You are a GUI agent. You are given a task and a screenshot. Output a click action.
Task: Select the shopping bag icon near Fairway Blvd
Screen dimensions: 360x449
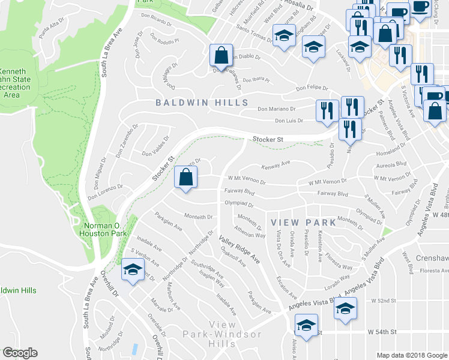point(185,177)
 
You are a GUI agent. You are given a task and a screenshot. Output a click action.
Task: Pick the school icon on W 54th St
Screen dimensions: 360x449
point(306,327)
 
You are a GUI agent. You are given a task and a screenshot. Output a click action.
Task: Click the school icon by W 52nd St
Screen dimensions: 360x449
point(345,310)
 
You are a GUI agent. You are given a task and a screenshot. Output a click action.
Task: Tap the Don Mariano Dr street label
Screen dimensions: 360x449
point(277,109)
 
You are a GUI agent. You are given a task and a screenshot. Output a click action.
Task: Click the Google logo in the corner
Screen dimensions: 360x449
point(20,353)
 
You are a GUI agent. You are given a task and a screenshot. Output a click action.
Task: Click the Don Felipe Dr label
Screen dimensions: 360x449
point(312,88)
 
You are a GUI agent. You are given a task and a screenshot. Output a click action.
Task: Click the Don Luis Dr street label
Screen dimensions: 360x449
point(289,121)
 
